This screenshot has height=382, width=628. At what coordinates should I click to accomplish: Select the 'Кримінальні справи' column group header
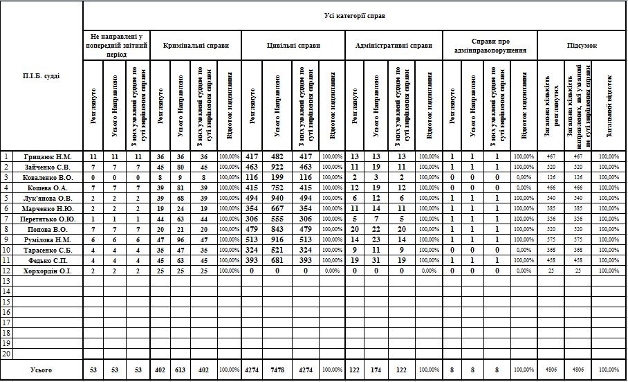click(x=194, y=46)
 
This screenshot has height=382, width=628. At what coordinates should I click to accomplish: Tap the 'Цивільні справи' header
click(x=293, y=46)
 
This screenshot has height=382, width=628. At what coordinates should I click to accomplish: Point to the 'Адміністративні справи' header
click(x=393, y=46)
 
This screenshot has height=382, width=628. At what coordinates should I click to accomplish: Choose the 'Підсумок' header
click(x=582, y=46)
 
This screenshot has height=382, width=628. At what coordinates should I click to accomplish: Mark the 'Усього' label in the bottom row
click(x=41, y=370)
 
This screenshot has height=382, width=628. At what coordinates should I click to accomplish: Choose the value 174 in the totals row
click(x=376, y=370)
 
